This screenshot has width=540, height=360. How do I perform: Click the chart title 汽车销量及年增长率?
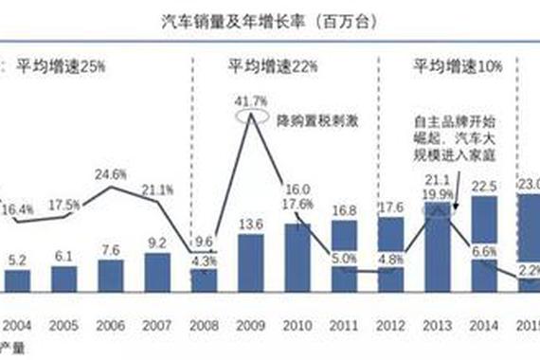tap(270, 21)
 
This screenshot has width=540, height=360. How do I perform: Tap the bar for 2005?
tap(63, 279)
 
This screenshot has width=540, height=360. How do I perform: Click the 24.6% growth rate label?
tap(112, 174)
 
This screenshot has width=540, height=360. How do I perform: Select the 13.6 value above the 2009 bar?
tap(251, 225)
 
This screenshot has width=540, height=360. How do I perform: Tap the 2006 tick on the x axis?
tap(111, 324)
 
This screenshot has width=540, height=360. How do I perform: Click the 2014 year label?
tap(484, 324)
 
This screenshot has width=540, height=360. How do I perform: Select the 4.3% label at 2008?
tap(205, 260)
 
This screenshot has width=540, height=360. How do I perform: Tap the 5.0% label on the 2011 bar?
tap(343, 256)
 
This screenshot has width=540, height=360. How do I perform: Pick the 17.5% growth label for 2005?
tap(63, 206)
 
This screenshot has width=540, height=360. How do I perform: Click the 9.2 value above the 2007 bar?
tap(156, 243)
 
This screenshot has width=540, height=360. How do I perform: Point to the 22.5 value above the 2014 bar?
tap(484, 186)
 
